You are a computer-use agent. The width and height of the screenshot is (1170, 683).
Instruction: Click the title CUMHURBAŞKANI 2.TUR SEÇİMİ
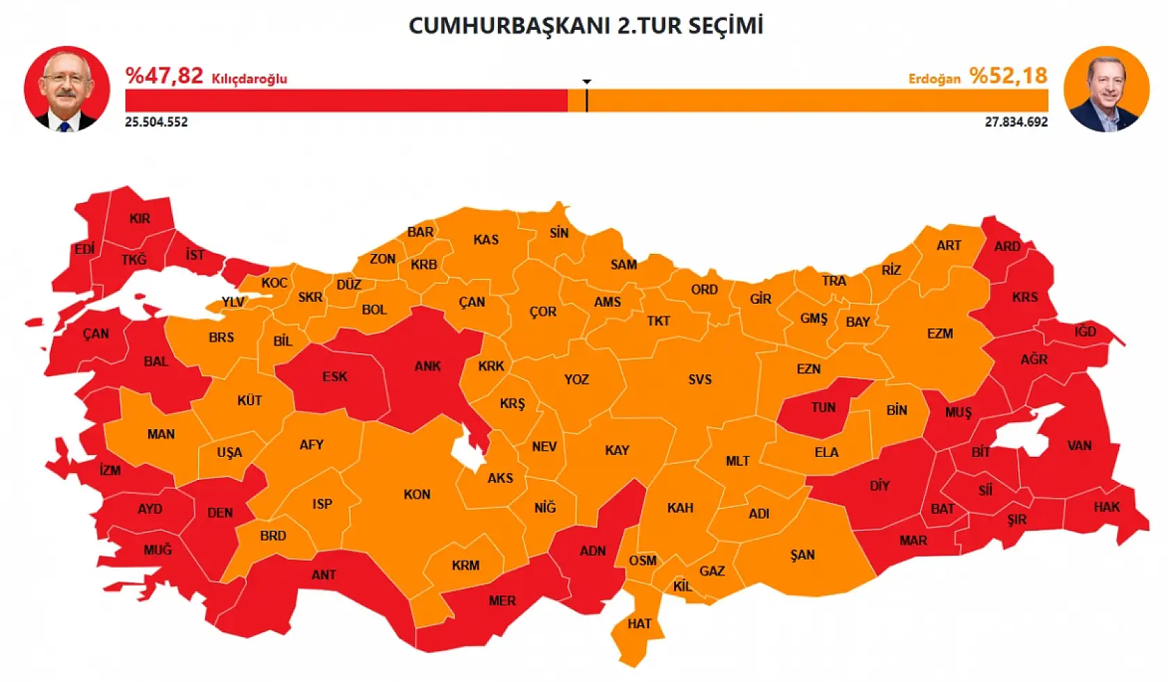tap(586, 26)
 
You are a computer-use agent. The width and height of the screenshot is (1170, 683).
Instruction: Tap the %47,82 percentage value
tap(164, 75)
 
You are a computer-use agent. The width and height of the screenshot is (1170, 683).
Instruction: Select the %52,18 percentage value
tap(1009, 75)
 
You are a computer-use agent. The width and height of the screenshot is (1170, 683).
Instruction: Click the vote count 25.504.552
tap(157, 122)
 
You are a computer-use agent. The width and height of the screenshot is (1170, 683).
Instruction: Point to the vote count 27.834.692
tap(1016, 122)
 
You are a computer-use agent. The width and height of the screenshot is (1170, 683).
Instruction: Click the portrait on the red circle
tap(67, 89)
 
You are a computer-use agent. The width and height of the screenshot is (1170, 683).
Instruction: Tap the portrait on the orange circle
tap(1106, 89)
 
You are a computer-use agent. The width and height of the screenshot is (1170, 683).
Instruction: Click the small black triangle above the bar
tap(587, 82)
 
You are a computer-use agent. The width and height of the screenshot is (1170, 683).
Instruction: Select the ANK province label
tap(427, 366)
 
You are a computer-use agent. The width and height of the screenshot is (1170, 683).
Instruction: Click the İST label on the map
tap(195, 255)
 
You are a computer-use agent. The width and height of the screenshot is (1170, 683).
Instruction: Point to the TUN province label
tap(823, 408)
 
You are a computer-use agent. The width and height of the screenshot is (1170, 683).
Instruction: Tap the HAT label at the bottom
tap(639, 623)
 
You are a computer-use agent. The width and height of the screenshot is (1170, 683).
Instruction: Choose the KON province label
tap(417, 495)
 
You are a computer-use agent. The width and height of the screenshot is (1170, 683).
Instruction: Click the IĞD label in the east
tap(1084, 331)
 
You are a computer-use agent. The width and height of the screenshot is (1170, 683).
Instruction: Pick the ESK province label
tap(335, 376)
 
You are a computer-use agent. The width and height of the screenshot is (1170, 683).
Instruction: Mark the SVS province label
tap(700, 379)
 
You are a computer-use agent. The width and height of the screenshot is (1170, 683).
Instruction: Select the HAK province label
tap(1106, 506)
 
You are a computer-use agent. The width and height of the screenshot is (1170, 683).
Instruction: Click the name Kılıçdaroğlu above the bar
tap(249, 79)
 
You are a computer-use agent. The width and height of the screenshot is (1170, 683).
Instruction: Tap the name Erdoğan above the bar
tap(934, 79)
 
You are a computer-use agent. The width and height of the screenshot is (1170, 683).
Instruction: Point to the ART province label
tap(948, 245)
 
